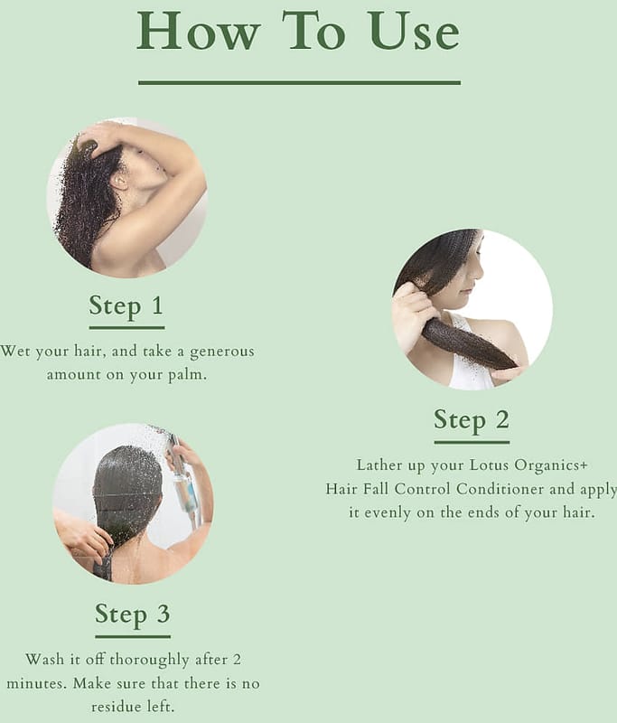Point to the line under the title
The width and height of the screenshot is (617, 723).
point(300,82)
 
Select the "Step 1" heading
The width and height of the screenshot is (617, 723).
point(126,306)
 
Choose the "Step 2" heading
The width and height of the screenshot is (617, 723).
point(472,420)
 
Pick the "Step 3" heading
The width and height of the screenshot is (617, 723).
point(133,615)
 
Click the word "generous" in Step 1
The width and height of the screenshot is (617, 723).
point(222,352)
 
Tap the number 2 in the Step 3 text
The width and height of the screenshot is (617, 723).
point(237,660)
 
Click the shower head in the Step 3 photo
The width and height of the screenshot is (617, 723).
point(172,440)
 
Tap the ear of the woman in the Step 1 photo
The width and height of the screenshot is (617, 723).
point(121,182)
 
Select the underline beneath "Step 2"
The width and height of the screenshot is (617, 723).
point(472,443)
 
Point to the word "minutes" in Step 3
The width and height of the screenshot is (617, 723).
point(37,684)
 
